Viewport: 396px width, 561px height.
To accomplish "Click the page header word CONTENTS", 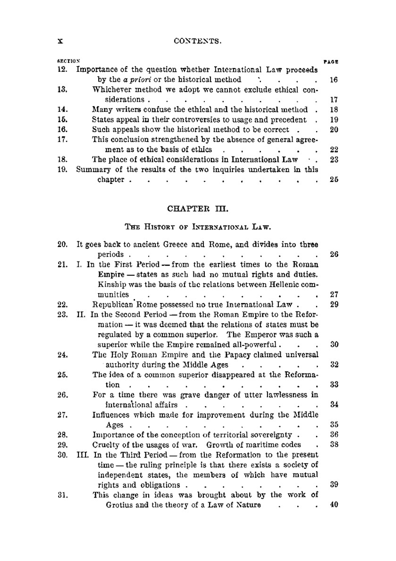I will tap(197, 41).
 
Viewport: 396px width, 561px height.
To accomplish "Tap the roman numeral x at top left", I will tap(61, 41).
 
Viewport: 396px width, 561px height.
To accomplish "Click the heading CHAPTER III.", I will tap(197, 208).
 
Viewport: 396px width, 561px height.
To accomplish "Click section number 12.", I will tap(63, 70).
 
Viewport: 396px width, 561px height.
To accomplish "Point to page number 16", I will tap(333, 80).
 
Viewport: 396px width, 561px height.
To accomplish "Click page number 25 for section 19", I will tap(334, 180).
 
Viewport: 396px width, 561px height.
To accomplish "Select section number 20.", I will tap(63, 244).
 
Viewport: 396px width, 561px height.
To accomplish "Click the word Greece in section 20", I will tap(178, 244).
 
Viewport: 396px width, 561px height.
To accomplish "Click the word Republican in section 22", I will tap(111, 305).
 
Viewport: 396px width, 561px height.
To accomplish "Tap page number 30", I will tap(334, 345).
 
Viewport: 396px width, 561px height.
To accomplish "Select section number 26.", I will tap(63, 395).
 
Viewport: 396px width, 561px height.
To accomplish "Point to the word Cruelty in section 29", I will tap(105, 445).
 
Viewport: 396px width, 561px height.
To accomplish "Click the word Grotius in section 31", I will tap(119, 505).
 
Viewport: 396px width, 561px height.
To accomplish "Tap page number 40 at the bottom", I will tap(334, 505).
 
